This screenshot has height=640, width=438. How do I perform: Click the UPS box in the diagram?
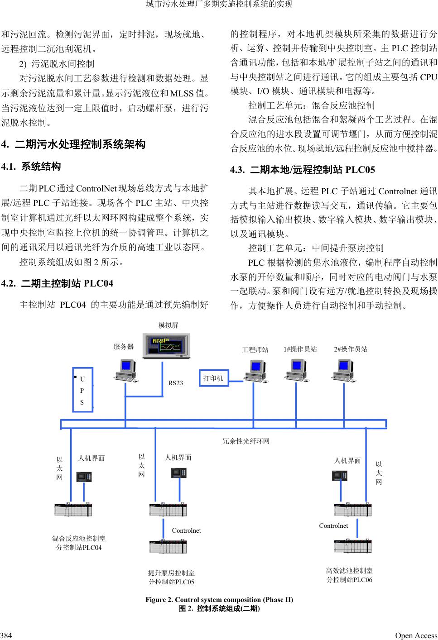83,389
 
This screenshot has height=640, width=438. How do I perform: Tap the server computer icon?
125,370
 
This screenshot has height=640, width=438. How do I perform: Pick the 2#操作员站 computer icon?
346,370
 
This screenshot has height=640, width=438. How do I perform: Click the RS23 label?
176,383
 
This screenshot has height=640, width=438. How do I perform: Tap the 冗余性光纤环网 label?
246,441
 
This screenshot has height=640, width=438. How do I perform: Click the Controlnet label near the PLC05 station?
186,530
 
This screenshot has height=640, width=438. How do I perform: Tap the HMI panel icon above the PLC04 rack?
84,477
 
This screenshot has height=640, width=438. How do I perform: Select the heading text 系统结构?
41,167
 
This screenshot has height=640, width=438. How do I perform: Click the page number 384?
6,635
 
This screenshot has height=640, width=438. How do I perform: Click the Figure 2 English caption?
219,600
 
